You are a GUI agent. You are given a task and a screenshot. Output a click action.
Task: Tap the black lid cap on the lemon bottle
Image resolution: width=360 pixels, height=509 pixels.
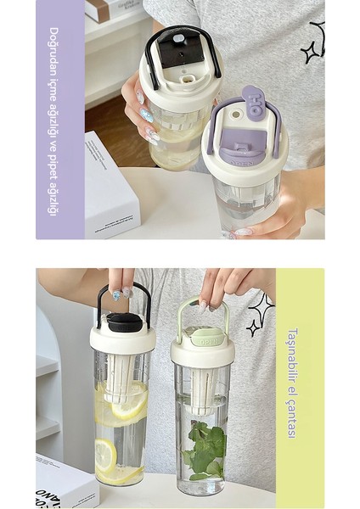point(124,322)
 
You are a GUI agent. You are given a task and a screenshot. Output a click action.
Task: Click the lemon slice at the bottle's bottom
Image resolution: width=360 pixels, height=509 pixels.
point(105,458)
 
